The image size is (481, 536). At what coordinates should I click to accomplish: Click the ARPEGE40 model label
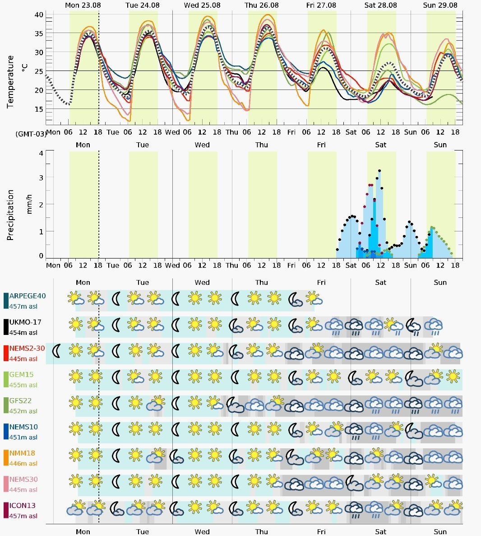[x=28, y=296]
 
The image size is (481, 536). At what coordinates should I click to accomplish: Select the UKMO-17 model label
[x=25, y=322]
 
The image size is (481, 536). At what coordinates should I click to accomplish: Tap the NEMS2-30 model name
[x=27, y=348]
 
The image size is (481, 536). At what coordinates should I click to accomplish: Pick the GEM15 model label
[x=22, y=375]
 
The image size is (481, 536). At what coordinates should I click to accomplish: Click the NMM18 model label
[x=22, y=453]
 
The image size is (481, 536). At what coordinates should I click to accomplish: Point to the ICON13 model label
[x=23, y=506]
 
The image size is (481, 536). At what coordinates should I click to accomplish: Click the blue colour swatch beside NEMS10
[x=6, y=432]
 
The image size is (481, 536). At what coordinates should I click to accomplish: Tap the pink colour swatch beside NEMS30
[x=6, y=484]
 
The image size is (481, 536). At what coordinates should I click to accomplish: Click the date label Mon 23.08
[x=83, y=5]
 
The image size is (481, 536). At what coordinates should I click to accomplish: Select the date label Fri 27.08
[x=321, y=5]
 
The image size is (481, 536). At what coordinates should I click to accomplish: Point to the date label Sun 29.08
[x=440, y=5]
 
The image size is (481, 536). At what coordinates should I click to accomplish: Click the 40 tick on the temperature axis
[x=39, y=15]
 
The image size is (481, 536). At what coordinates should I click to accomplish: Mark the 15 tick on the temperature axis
[x=39, y=109]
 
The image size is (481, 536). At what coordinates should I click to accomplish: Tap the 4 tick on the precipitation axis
[x=41, y=153]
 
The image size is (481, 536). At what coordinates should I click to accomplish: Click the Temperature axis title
[x=10, y=82]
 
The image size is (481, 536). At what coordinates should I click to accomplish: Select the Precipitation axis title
[x=10, y=215]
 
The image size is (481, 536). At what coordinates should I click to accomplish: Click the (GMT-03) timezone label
[x=31, y=134]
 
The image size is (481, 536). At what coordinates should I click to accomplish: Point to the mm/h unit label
[x=29, y=204]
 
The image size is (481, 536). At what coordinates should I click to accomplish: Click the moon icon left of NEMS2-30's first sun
[x=56, y=351]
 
